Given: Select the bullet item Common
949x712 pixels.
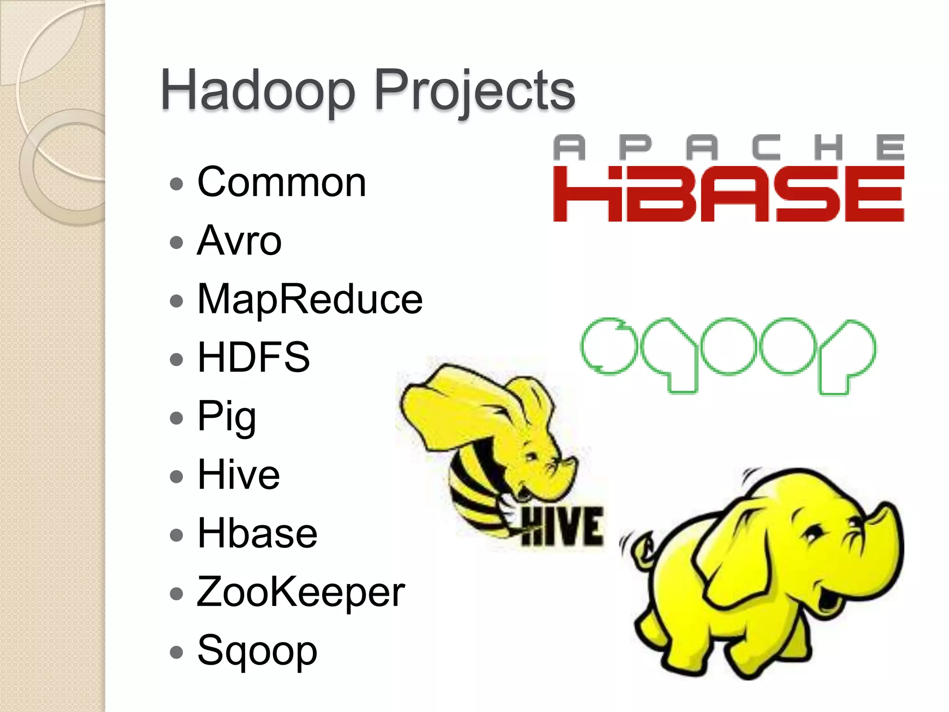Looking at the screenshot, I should coord(281,182).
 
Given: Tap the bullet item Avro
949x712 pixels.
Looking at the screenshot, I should coord(239,241).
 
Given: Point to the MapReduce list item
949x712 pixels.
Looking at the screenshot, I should coord(310,299).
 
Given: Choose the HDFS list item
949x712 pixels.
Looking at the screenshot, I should coord(253,357).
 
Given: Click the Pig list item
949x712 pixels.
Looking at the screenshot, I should coord(227,416).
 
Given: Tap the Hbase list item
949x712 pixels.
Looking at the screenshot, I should coord(257,533).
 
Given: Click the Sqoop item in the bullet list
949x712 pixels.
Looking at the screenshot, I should coord(257,650).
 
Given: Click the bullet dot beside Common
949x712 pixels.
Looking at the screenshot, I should coord(177,184).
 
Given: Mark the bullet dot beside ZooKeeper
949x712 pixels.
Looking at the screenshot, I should coord(177,593).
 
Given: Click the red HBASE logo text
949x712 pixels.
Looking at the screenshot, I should coord(728,194).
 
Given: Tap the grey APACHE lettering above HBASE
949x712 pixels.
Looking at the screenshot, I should coord(728,147).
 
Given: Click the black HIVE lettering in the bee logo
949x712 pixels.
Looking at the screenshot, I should coord(563,527).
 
